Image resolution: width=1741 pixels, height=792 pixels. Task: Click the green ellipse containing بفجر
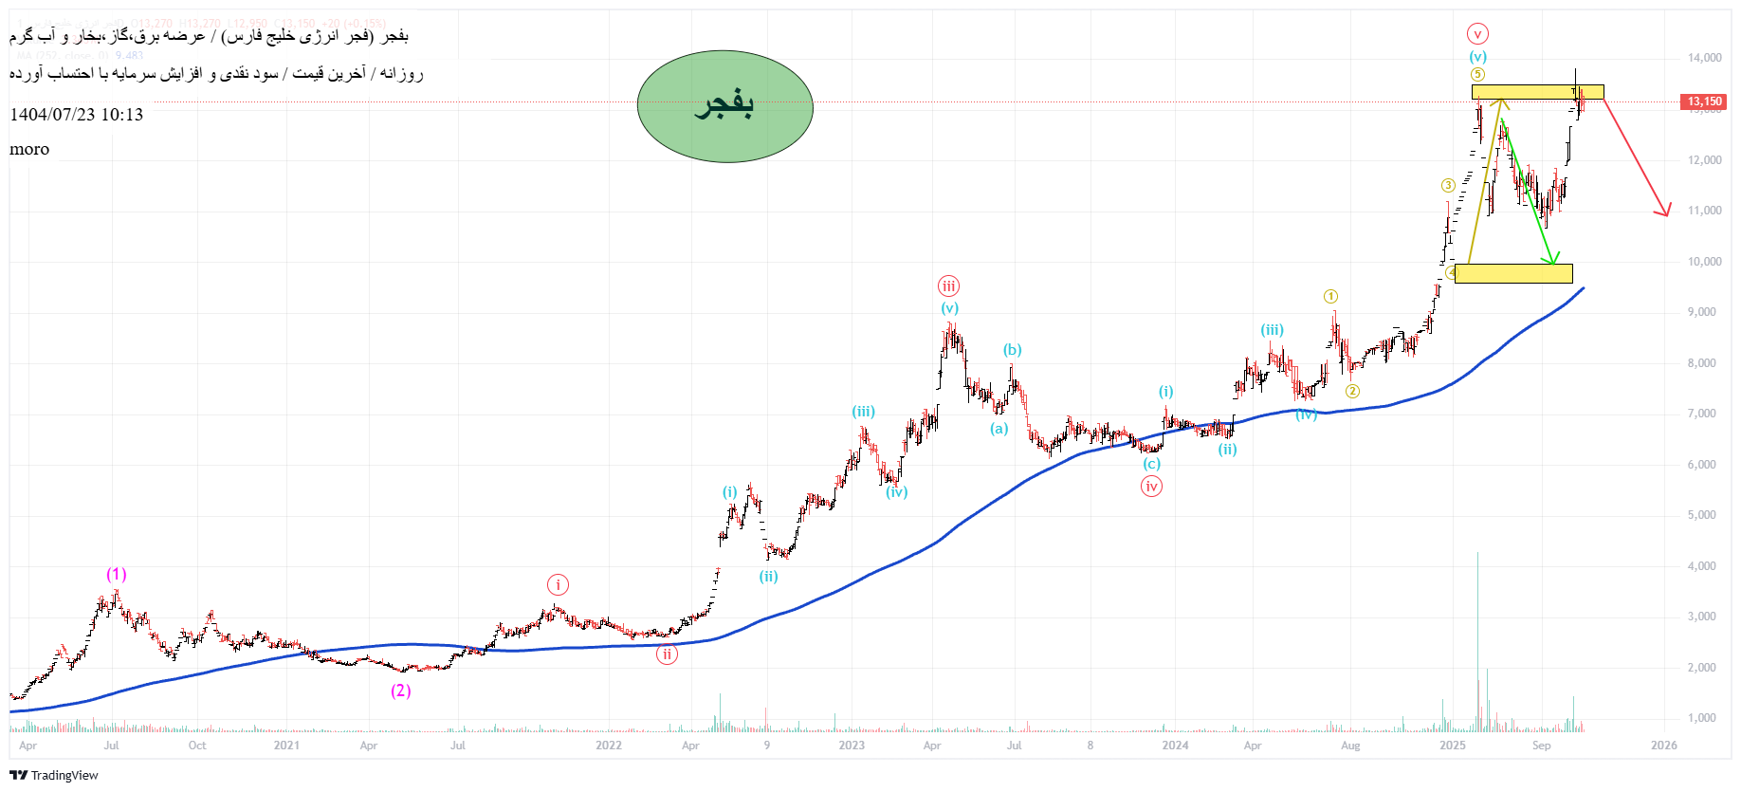click(x=724, y=106)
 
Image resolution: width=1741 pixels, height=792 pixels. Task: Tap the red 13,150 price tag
click(x=1704, y=101)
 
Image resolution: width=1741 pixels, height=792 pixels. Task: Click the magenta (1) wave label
click(x=116, y=574)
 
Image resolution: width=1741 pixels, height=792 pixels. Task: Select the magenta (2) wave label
click(x=400, y=691)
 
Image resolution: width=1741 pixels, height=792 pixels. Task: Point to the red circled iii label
click(x=948, y=285)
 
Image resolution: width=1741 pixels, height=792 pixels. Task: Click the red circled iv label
click(x=1151, y=487)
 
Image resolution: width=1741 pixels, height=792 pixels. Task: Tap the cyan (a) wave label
click(x=999, y=429)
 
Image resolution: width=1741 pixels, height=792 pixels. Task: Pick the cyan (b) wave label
click(x=1013, y=350)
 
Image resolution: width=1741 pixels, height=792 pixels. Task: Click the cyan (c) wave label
click(x=1151, y=464)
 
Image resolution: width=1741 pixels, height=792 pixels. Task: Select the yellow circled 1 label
click(x=1331, y=297)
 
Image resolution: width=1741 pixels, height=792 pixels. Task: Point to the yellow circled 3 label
click(x=1448, y=185)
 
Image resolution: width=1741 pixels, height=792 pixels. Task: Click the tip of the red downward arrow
click(x=1668, y=216)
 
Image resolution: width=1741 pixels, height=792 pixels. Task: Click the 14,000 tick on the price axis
click(x=1704, y=58)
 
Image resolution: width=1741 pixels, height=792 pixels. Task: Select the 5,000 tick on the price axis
click(x=1701, y=515)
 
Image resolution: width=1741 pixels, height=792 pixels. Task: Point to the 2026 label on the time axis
click(x=1663, y=746)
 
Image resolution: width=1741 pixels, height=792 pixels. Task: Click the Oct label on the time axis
click(x=197, y=746)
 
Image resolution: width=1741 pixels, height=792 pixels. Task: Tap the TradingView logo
click(x=54, y=775)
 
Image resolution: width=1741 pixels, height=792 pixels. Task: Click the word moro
click(x=29, y=149)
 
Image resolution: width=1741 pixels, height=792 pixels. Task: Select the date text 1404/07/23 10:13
click(x=77, y=115)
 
